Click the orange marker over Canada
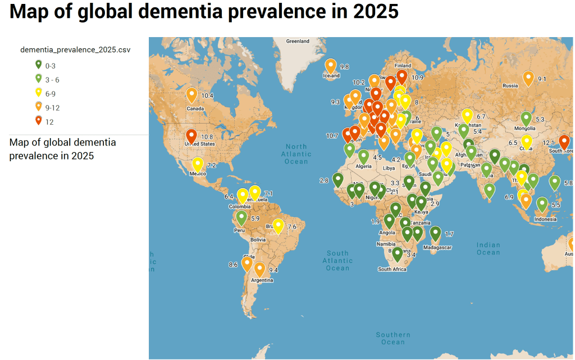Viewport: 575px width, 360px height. pyautogui.click(x=191, y=95)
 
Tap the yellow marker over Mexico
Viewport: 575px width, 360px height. pyautogui.click(x=198, y=165)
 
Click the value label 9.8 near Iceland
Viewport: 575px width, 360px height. pyautogui.click(x=344, y=67)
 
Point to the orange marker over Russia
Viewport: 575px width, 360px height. pyautogui.click(x=528, y=78)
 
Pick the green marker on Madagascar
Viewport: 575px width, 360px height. pyautogui.click(x=435, y=233)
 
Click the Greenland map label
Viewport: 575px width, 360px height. pyautogui.click(x=298, y=42)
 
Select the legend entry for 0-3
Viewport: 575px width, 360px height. pyautogui.click(x=50, y=65)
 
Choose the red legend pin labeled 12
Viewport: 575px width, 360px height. pyautogui.click(x=39, y=121)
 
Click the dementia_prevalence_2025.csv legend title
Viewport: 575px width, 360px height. pyautogui.click(x=75, y=50)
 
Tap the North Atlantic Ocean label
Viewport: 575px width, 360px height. pyautogui.click(x=296, y=154)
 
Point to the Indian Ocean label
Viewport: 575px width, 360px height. pyautogui.click(x=488, y=249)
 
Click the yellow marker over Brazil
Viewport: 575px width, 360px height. pyautogui.click(x=277, y=226)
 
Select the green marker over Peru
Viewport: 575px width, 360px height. pyautogui.click(x=241, y=217)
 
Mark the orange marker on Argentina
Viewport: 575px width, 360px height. pyautogui.click(x=259, y=269)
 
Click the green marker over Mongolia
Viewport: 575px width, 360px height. pyautogui.click(x=526, y=119)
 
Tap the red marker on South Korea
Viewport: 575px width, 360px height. pyautogui.click(x=564, y=142)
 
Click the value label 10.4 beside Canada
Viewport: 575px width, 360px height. pyautogui.click(x=207, y=96)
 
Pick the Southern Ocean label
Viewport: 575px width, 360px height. pyautogui.click(x=393, y=339)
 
